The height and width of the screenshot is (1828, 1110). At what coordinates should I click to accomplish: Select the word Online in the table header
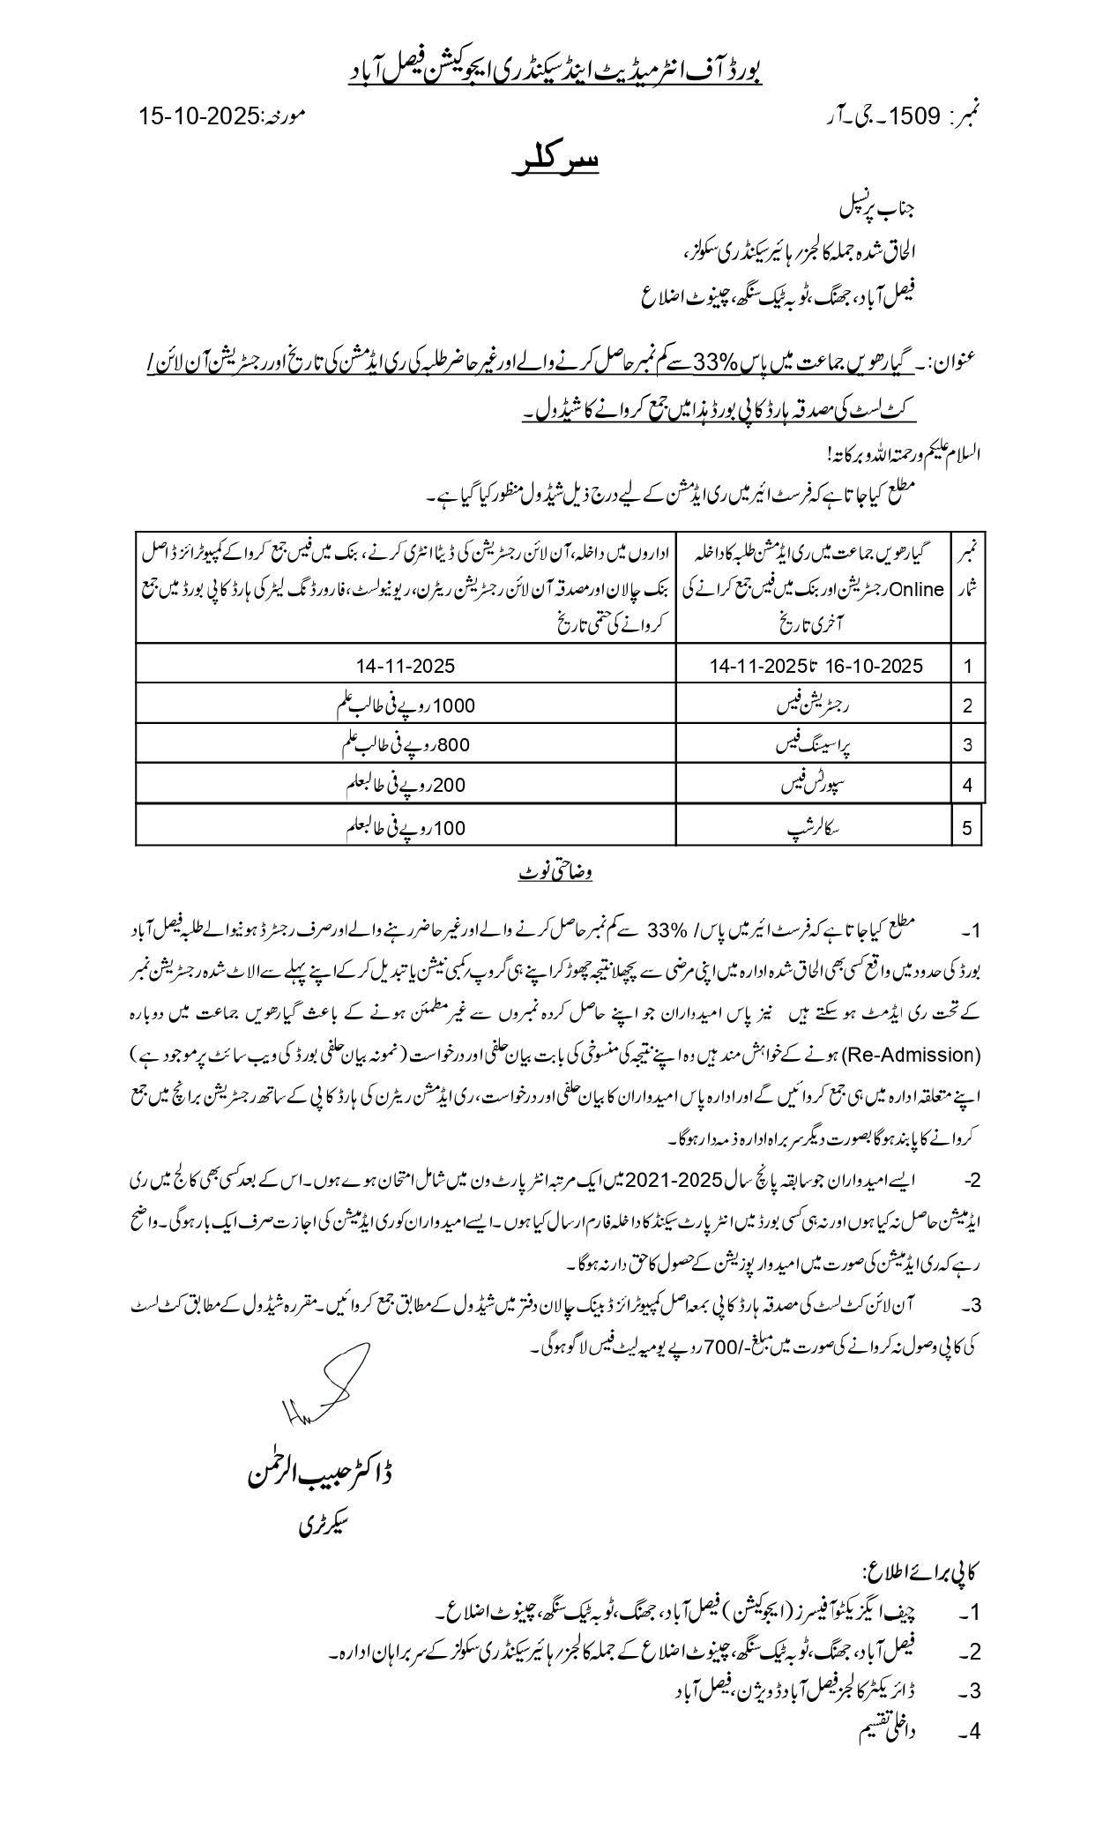pos(920,589)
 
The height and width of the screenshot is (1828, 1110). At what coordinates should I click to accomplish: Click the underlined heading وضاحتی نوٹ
pos(555,873)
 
